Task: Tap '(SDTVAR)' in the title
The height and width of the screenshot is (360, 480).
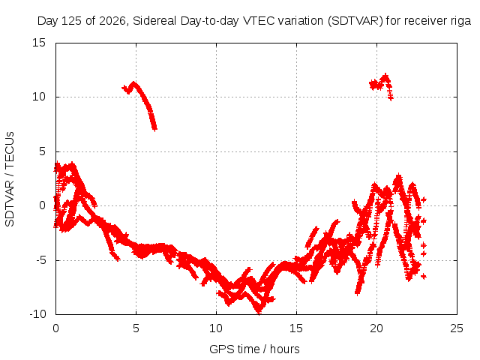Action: (x=355, y=21)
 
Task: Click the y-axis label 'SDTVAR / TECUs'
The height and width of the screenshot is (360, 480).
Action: (x=10, y=179)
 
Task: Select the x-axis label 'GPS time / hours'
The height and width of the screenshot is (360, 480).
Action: (x=254, y=349)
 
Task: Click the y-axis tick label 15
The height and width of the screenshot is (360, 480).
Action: (x=39, y=43)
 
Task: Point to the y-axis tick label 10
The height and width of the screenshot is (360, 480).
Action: (x=39, y=97)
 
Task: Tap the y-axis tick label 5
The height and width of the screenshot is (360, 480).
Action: (x=42, y=151)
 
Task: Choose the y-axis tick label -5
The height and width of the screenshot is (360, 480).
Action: (x=40, y=260)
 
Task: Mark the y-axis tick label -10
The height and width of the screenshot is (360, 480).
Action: (x=37, y=314)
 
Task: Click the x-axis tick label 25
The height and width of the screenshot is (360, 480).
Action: (x=457, y=328)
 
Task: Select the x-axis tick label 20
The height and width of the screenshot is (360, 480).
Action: (x=376, y=328)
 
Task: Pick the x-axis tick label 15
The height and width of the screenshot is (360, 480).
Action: (x=296, y=328)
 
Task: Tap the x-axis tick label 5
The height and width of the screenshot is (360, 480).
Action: (x=136, y=328)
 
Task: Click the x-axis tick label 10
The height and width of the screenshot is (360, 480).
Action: (x=216, y=328)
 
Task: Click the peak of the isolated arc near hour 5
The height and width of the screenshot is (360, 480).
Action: (x=133, y=83)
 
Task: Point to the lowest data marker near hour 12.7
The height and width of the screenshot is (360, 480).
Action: (x=259, y=312)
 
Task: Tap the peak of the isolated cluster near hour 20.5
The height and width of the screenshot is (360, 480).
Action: (x=385, y=75)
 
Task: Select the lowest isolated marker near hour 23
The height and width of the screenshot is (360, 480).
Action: (x=424, y=277)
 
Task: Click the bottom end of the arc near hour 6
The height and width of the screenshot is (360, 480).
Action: (x=155, y=128)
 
